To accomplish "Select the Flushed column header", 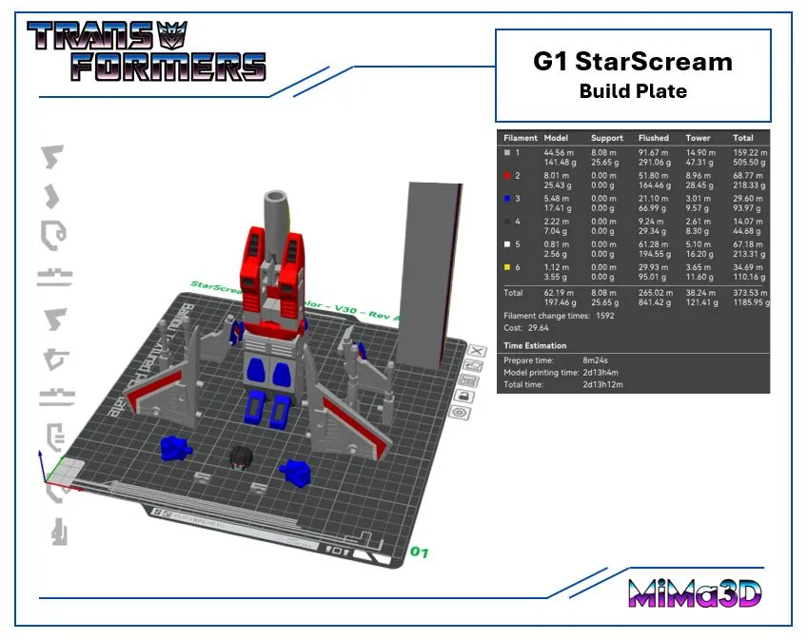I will pos(653,138).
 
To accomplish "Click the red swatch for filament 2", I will pos(508,176).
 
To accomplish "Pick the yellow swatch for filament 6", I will pos(508,267).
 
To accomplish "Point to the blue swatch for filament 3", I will pos(508,199).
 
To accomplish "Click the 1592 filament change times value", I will pos(606,315).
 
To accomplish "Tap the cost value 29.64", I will pos(539,327).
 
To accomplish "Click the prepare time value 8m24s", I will pos(599,361).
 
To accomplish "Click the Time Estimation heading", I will pos(535,346).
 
